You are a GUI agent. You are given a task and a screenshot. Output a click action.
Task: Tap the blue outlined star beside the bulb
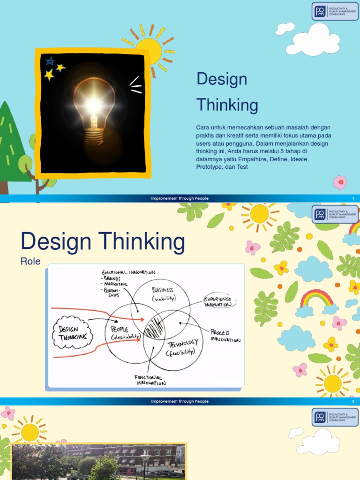tap(50, 61)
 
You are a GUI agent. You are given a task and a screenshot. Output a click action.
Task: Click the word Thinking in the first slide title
tap(227, 105)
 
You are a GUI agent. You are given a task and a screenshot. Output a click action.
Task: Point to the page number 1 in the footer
tap(353, 199)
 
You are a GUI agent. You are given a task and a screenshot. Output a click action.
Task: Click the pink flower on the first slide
tap(340, 182)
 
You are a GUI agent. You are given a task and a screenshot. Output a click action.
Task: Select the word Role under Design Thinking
tap(30, 262)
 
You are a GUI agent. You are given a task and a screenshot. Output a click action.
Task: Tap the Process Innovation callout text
tap(225, 336)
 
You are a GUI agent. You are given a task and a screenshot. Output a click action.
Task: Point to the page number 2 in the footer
tap(353, 402)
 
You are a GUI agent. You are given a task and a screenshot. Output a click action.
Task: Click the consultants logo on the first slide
tap(335, 11)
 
